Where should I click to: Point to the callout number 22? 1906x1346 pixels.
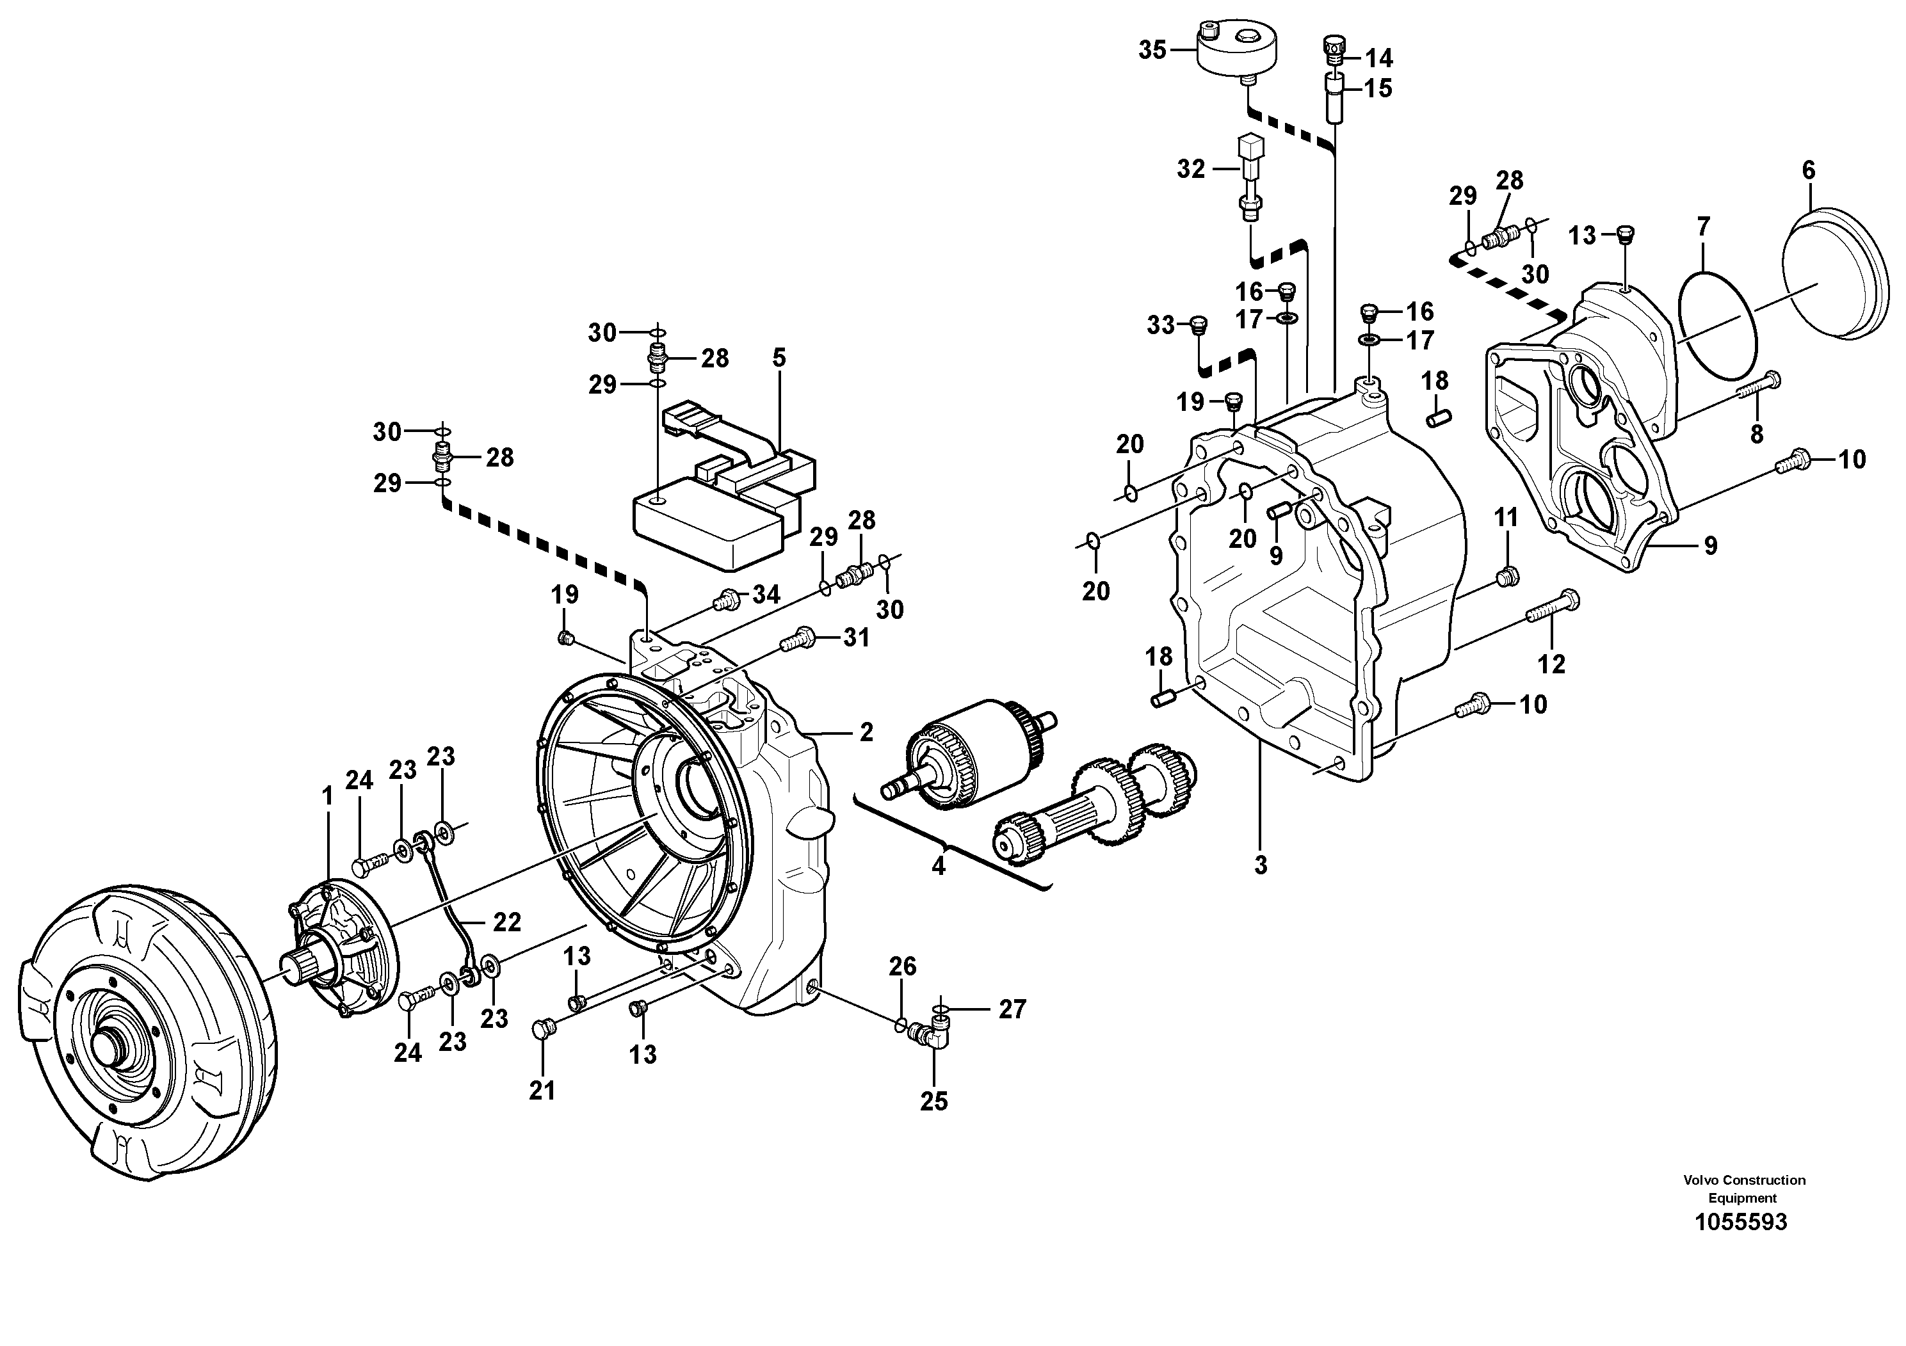[x=506, y=922]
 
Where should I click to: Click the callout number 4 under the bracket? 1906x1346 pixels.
[x=938, y=865]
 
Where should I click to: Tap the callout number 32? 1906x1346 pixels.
[x=1190, y=169]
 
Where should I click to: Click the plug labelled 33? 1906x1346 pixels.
[x=1197, y=325]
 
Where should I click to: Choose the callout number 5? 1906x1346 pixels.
[x=779, y=358]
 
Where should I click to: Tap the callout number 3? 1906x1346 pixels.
[x=1260, y=865]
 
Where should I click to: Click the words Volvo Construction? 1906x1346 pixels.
[x=1744, y=1180]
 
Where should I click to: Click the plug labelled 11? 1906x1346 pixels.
[x=1508, y=576]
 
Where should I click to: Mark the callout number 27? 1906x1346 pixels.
[x=1012, y=1009]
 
